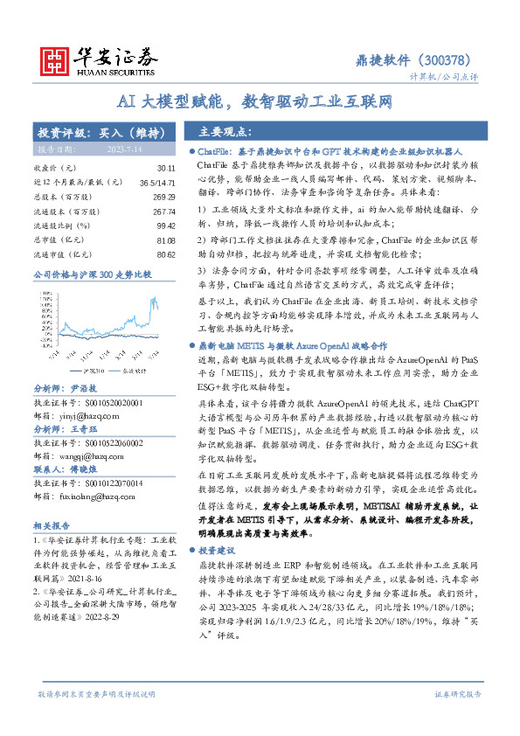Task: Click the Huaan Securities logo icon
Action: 57,58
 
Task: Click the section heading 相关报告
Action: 50,525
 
